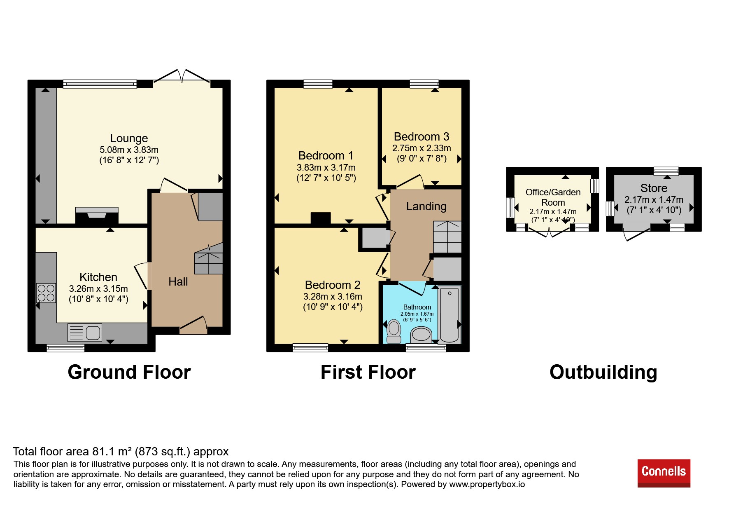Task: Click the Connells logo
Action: tap(664, 473)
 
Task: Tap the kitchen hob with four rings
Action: tap(46, 293)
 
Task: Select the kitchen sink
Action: tap(85, 333)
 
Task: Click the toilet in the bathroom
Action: tap(394, 331)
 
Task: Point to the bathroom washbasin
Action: tap(421, 334)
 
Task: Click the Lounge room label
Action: tap(129, 138)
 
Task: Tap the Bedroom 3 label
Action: tap(422, 137)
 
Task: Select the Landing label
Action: tap(426, 206)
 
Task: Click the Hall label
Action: tap(178, 282)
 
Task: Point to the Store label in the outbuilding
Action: tap(654, 188)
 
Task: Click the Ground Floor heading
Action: tap(129, 372)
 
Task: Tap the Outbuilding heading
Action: tap(603, 372)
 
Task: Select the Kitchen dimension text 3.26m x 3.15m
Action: tap(98, 289)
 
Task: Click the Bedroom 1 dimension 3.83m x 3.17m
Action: tap(326, 168)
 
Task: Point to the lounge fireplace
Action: tap(97, 216)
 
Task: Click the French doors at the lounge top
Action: tap(182, 77)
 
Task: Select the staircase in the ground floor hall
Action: tap(209, 259)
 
